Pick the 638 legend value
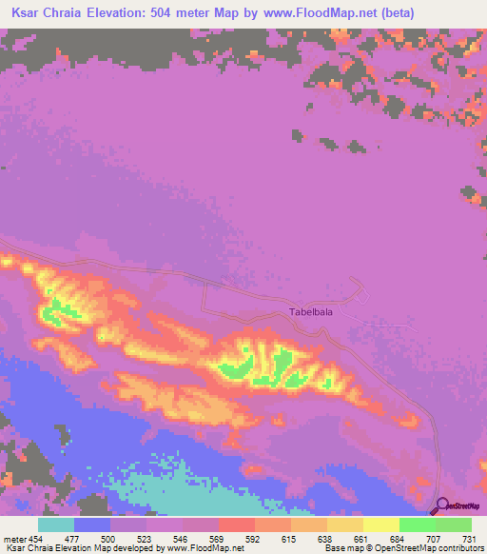tap(327, 538)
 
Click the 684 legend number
tap(399, 538)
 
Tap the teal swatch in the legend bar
tap(56, 524)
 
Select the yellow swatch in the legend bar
tap(380, 524)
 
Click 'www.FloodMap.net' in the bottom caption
tap(205, 548)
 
